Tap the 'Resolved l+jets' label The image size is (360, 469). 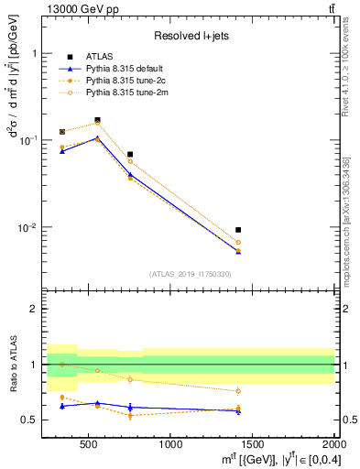click(193, 37)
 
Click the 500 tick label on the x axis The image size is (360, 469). click(89, 444)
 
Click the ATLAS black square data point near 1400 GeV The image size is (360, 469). click(238, 230)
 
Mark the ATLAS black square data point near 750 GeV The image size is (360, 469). click(130, 154)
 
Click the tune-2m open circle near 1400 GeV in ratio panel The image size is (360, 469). click(238, 391)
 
